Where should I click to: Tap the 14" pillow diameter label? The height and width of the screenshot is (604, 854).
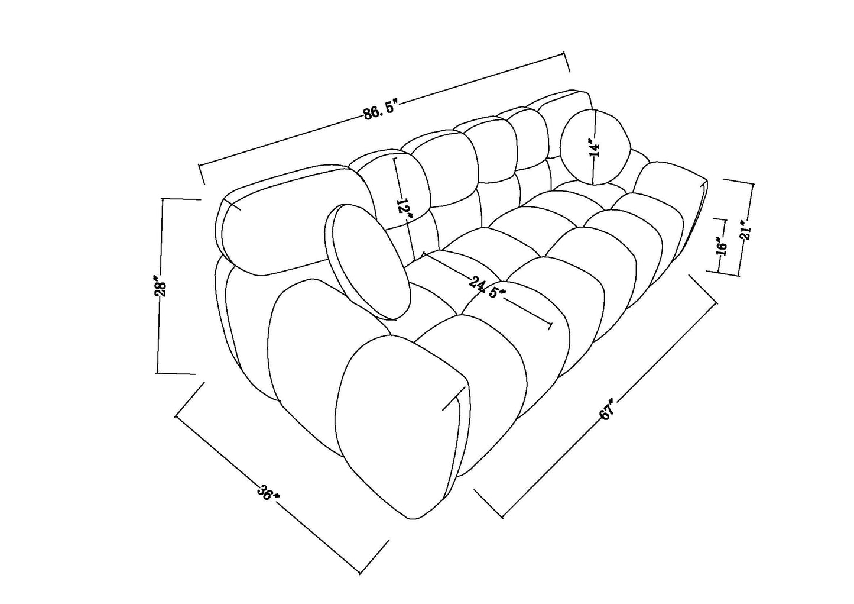tap(595, 147)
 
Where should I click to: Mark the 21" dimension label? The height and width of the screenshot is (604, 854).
tap(744, 232)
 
